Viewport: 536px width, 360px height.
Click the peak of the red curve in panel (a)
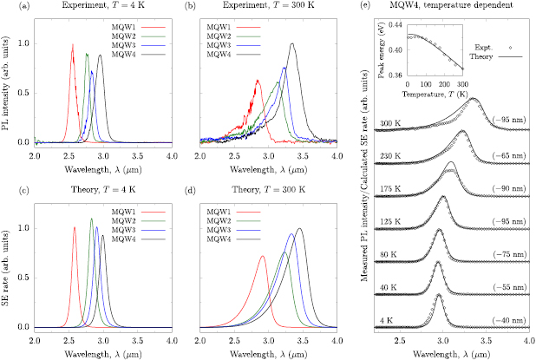coord(73,44)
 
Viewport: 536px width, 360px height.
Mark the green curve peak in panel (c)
coord(90,219)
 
